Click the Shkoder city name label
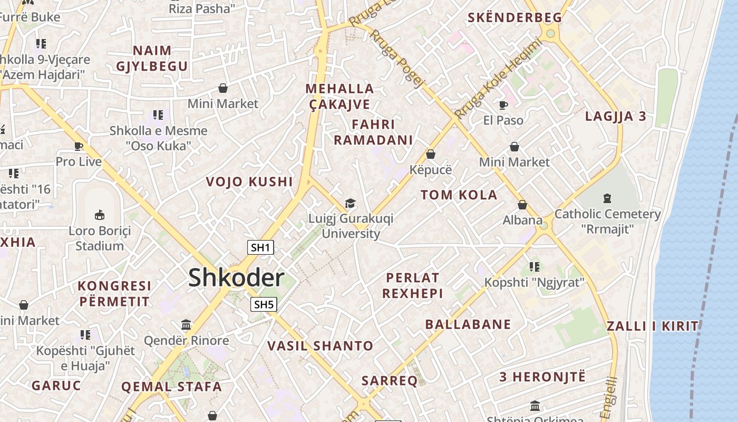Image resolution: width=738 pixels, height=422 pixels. (236, 277)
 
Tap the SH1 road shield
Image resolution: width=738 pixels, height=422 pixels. (261, 247)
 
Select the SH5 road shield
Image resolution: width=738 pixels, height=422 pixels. (264, 304)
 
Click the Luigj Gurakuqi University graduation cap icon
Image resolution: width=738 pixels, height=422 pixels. (350, 203)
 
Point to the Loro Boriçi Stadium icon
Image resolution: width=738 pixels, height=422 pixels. (99, 215)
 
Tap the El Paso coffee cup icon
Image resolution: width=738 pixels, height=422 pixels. (503, 105)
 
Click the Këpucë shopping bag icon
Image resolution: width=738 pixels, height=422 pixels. (431, 154)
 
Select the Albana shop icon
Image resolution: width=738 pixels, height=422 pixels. (522, 205)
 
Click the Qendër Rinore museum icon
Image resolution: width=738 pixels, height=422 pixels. (186, 324)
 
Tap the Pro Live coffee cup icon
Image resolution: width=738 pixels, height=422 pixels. (79, 146)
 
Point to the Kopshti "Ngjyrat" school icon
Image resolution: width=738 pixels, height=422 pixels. (535, 267)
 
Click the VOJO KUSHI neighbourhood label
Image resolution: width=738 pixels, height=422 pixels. (249, 182)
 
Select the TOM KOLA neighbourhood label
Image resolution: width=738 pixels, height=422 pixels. (459, 195)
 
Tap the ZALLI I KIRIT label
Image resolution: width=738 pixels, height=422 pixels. (653, 326)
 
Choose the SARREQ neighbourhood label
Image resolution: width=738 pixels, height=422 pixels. (390, 380)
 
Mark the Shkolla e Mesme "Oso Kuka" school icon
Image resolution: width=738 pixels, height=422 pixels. (158, 115)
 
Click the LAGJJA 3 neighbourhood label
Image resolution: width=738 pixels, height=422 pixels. (616, 117)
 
